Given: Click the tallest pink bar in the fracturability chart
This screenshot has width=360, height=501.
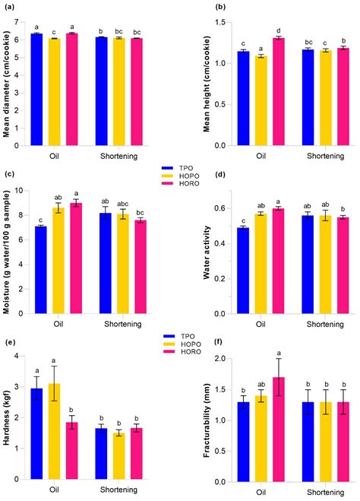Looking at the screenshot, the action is coord(279,430).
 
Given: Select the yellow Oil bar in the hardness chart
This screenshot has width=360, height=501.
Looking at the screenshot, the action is coord(54,431).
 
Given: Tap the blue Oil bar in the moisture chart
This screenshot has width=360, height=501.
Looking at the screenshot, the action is coord(41,270).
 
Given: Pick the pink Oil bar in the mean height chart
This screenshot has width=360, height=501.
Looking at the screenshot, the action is coord(279,92).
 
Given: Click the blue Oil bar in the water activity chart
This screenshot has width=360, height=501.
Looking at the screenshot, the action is coord(243,271).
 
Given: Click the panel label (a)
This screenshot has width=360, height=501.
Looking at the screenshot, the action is coord(8,8).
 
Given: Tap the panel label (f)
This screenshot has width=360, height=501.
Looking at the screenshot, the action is coord(219,343).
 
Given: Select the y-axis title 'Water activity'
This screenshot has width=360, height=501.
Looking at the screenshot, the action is coord(207,252).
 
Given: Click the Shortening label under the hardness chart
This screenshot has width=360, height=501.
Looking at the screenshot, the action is coord(118,490).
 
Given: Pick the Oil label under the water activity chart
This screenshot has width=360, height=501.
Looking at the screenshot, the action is coord(261,325).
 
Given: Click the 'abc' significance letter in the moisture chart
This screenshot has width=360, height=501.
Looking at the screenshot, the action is coord(123,204).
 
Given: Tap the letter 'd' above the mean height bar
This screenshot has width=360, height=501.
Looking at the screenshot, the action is coord(279,31).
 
